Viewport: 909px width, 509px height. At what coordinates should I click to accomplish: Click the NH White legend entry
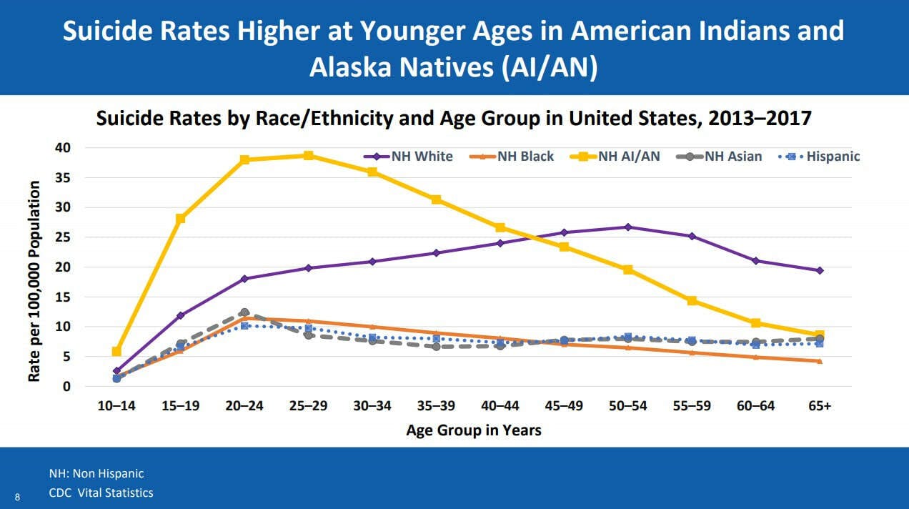408,157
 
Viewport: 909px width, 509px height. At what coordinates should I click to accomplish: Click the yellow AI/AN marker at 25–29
308,155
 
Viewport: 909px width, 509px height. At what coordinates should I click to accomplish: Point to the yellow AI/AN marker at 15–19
181,218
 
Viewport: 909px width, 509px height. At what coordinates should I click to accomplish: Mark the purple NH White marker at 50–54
628,227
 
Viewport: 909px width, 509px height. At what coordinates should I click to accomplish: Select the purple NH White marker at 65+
820,270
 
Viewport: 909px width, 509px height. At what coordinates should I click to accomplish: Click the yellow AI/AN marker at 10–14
116,351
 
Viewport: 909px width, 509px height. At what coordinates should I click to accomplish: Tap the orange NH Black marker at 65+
820,361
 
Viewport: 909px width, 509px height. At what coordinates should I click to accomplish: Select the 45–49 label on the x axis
564,406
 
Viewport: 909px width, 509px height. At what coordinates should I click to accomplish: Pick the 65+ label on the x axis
820,406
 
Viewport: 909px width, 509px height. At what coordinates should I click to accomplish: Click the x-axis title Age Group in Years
474,430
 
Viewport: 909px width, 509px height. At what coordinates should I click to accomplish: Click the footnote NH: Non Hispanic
96,473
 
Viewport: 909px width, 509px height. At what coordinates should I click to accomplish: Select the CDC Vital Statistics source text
101,493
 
